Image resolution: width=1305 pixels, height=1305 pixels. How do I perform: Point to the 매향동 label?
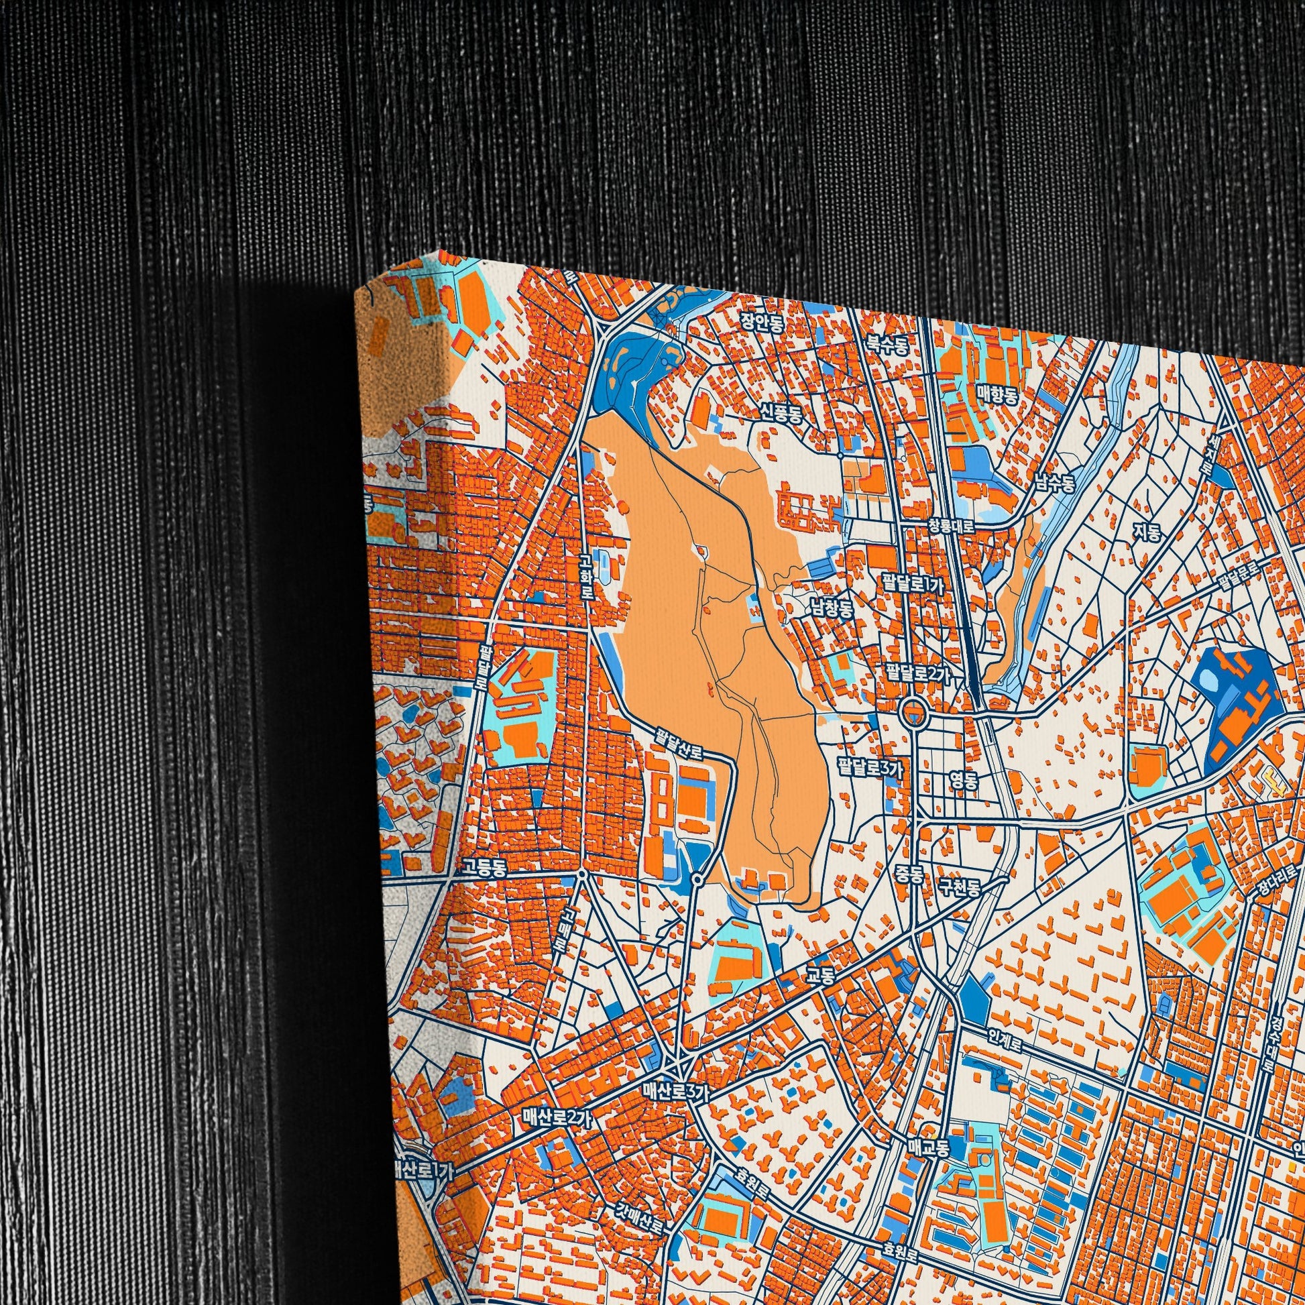click(997, 392)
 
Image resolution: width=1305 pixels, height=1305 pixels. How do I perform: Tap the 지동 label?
click(1147, 533)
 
